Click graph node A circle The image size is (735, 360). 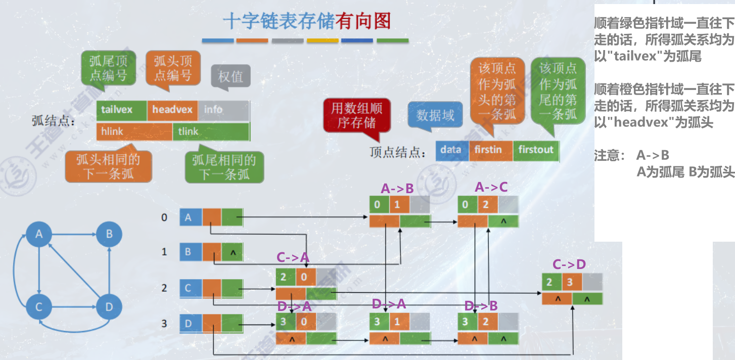coord(38,235)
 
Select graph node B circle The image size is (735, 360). coord(109,235)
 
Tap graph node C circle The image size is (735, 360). coord(38,306)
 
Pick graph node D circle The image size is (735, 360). coord(109,306)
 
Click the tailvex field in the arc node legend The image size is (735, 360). coord(121,110)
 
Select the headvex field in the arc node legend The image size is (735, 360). coord(172,110)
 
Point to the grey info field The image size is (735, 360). coord(223,110)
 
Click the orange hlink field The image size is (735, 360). coord(134,131)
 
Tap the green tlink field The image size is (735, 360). coord(211,131)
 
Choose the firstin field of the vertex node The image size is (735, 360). coord(488,150)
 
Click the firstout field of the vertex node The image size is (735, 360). coord(536,150)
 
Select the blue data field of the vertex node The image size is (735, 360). coord(450,150)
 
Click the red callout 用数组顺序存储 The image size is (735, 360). coord(356,116)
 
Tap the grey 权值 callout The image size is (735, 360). coord(231,77)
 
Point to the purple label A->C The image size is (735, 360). coord(491,188)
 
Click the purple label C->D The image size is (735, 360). coord(569,264)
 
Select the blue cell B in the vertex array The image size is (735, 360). coord(188,251)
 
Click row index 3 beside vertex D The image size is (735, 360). coord(164,323)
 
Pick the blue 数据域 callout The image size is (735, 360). coord(435,115)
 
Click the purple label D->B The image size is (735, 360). coord(481,306)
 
